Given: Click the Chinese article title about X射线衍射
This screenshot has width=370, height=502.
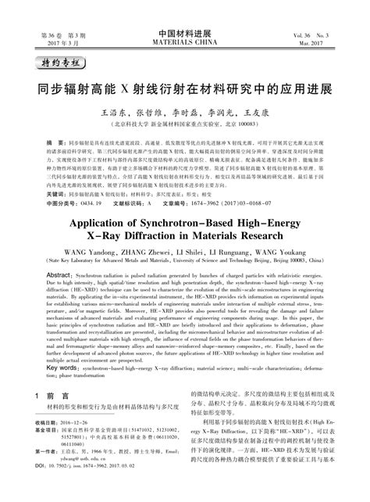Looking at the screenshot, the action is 185,85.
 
